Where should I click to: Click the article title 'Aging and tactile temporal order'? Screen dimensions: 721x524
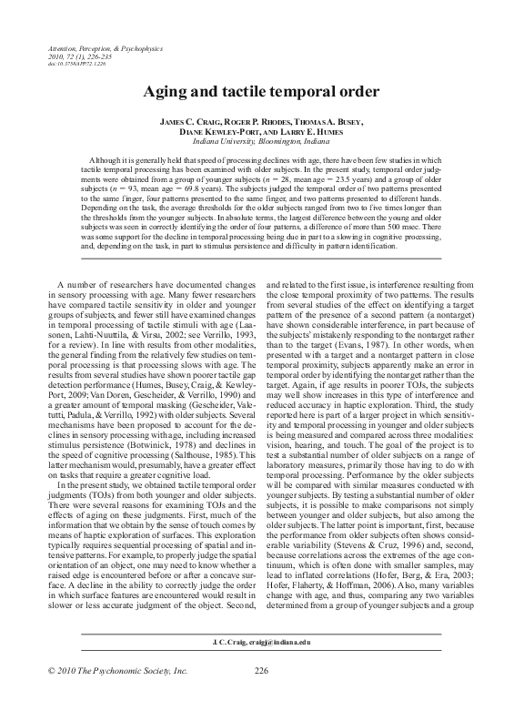262,92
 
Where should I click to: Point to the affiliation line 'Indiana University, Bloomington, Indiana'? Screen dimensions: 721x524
262,142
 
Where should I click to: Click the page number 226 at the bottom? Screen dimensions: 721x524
261,696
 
